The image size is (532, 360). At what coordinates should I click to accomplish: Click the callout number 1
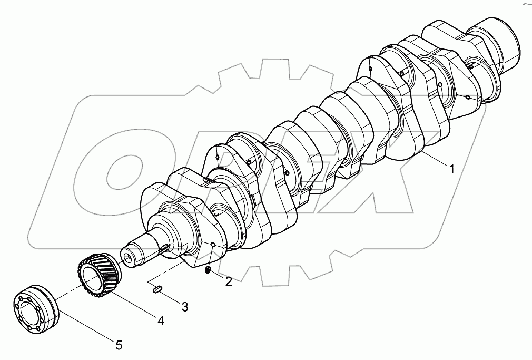[x=451, y=169]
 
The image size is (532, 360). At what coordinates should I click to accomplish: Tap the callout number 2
[x=229, y=281]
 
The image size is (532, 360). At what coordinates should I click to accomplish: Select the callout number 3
[x=185, y=306]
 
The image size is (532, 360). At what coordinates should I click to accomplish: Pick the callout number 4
[x=160, y=320]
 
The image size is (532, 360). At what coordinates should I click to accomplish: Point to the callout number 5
[x=119, y=345]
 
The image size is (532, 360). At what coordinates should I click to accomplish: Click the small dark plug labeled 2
[x=208, y=271]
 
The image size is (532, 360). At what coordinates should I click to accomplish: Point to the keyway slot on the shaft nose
[x=165, y=248]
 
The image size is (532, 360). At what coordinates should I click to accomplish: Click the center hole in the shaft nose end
[x=130, y=258]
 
